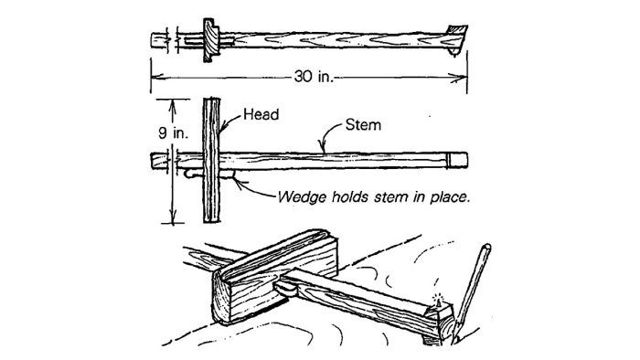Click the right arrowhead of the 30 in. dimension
[464, 79]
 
